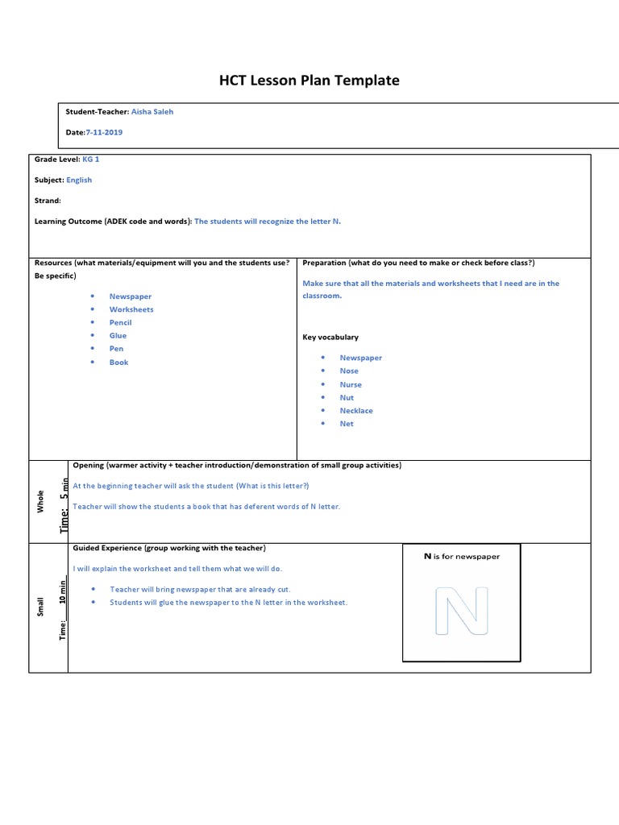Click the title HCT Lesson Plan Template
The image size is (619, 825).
point(309,80)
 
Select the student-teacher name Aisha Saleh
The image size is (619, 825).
point(152,112)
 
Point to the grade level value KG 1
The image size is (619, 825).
point(91,160)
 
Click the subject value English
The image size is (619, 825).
point(79,180)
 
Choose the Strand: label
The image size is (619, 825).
point(48,201)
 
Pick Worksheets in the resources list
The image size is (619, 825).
point(131,309)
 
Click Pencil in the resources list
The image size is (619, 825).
point(120,322)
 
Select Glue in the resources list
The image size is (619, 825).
point(118,335)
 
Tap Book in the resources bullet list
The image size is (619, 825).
point(118,363)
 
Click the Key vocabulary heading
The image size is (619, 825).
point(330,338)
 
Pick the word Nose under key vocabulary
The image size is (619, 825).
point(349,371)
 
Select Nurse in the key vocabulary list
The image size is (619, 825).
point(351,385)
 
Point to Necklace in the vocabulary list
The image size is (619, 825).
point(356,411)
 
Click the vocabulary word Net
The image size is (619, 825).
point(347,424)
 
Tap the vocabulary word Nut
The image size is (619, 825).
point(347,398)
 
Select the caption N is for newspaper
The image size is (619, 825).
point(462,557)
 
